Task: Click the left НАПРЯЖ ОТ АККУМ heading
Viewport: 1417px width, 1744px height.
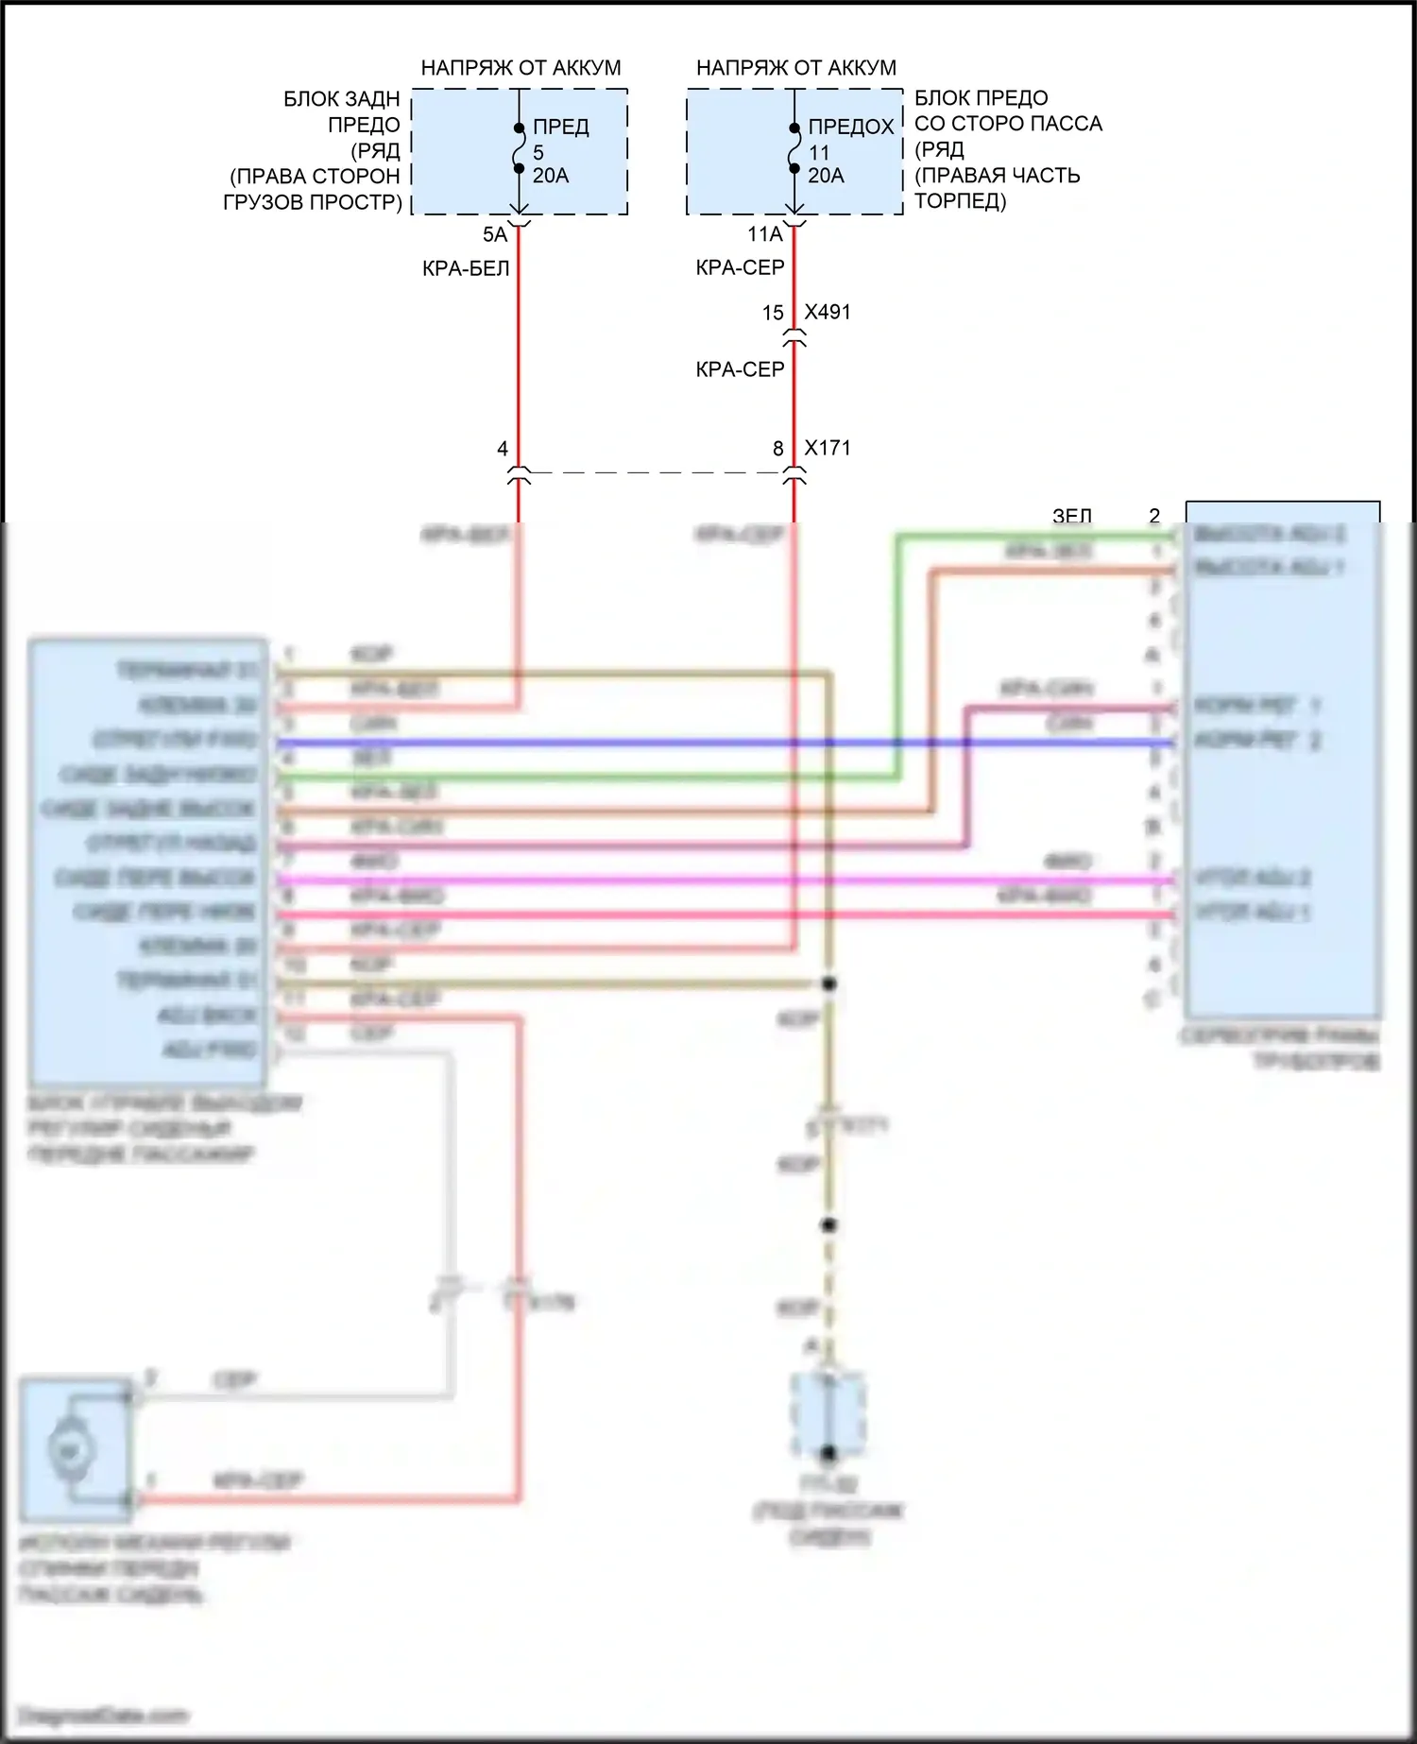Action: (x=521, y=68)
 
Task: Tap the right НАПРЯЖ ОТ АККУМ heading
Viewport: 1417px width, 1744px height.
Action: (x=795, y=68)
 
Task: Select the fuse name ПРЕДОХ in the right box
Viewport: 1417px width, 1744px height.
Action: (x=850, y=127)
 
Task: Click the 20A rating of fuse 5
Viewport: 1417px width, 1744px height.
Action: (x=551, y=176)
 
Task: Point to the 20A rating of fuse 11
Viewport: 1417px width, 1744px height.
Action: (x=826, y=176)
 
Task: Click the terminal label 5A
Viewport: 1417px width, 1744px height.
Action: (x=495, y=235)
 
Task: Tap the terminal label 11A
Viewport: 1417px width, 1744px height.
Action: (x=765, y=235)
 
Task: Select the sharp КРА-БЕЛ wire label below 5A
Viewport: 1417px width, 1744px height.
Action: (x=466, y=269)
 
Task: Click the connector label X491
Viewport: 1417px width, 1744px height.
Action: (x=828, y=313)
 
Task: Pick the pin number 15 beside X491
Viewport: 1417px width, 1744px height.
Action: (x=773, y=313)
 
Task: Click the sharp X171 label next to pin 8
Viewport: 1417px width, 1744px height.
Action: (x=828, y=448)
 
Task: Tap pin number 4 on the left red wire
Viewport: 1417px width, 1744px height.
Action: (x=503, y=449)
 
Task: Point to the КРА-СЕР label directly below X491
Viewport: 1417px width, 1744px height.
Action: (x=740, y=370)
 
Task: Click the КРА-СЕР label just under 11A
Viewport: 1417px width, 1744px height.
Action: (x=740, y=268)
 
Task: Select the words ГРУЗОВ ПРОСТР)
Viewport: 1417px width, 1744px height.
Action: (x=313, y=202)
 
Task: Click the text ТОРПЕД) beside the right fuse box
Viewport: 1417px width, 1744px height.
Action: (x=960, y=201)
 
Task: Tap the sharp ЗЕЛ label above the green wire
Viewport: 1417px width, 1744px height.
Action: (x=1072, y=516)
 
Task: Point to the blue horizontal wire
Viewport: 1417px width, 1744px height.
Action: (x=661, y=744)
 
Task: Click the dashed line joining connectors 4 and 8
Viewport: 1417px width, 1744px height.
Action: (x=657, y=472)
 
